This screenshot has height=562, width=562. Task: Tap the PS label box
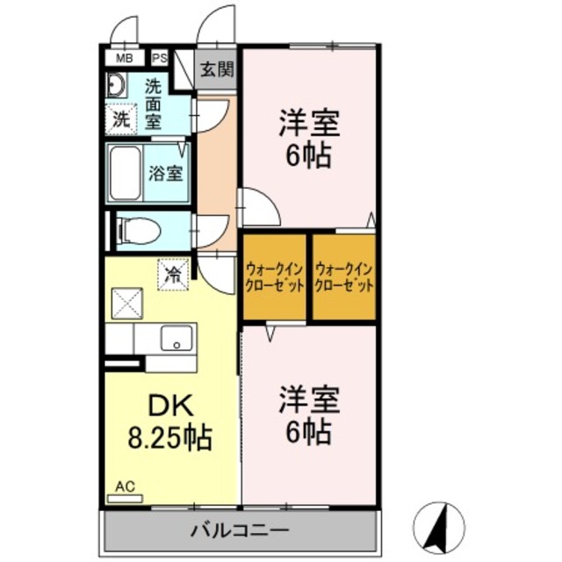tap(160, 58)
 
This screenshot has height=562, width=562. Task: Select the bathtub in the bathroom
tap(128, 172)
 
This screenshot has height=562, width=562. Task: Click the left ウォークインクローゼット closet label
tap(275, 278)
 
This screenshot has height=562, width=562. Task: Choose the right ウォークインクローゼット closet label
tap(344, 278)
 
